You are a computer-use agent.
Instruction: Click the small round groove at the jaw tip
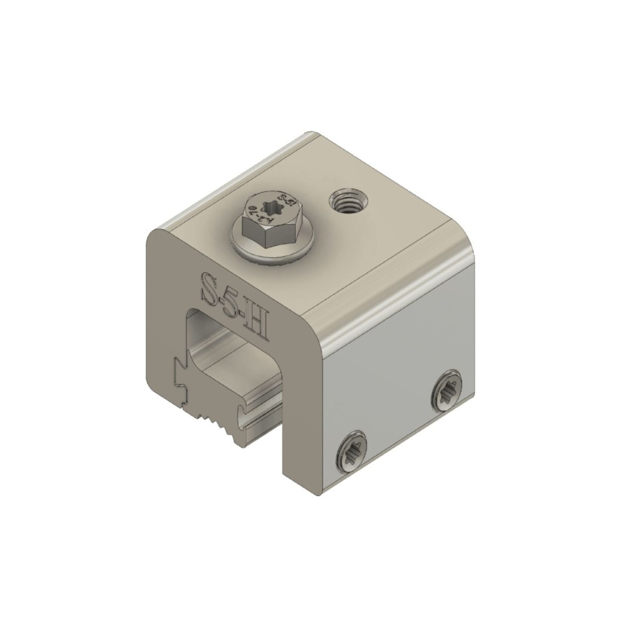[x=243, y=413]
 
